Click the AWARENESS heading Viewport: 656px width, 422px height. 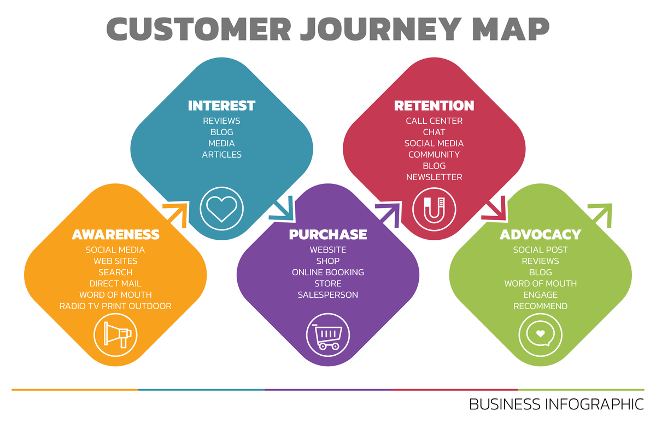(115, 235)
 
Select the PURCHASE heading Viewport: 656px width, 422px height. (328, 235)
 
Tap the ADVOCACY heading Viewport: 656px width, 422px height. (540, 235)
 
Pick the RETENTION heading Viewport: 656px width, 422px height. (434, 106)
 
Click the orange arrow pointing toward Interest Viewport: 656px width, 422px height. (176, 213)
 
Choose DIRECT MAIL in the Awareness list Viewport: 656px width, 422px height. (115, 284)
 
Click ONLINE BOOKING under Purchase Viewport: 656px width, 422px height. (328, 272)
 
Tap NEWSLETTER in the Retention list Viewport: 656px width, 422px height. (434, 177)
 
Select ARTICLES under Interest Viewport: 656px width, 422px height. (221, 155)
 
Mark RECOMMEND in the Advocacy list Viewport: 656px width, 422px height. (540, 306)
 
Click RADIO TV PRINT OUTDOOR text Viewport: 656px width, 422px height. (115, 306)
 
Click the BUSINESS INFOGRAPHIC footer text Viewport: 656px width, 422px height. (556, 404)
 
